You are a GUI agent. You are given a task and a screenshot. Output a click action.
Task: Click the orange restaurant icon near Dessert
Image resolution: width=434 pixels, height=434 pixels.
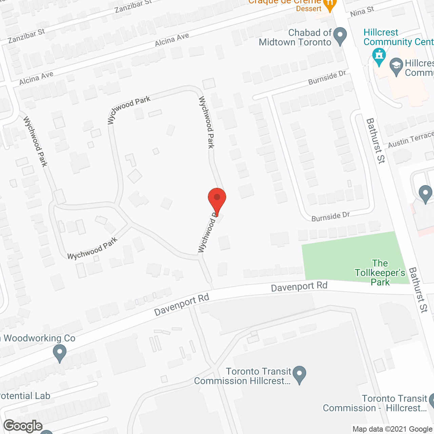(329, 5)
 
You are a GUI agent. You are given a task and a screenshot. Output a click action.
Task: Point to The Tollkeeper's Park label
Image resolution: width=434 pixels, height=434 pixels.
(380, 273)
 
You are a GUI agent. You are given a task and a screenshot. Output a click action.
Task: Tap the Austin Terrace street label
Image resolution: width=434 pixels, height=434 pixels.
(411, 140)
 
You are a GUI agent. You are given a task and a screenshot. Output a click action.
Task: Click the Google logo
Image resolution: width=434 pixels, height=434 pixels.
(23, 426)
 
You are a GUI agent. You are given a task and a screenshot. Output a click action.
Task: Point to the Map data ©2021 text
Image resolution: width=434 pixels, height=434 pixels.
(393, 429)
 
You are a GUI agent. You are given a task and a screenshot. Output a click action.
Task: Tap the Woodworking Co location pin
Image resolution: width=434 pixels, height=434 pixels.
(60, 353)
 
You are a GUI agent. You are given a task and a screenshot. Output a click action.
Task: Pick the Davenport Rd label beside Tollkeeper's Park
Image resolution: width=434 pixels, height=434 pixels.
(299, 287)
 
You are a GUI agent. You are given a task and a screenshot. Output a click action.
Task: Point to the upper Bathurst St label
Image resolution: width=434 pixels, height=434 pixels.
(376, 141)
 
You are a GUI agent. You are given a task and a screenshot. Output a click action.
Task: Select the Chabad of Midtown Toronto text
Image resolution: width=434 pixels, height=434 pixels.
(295, 37)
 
